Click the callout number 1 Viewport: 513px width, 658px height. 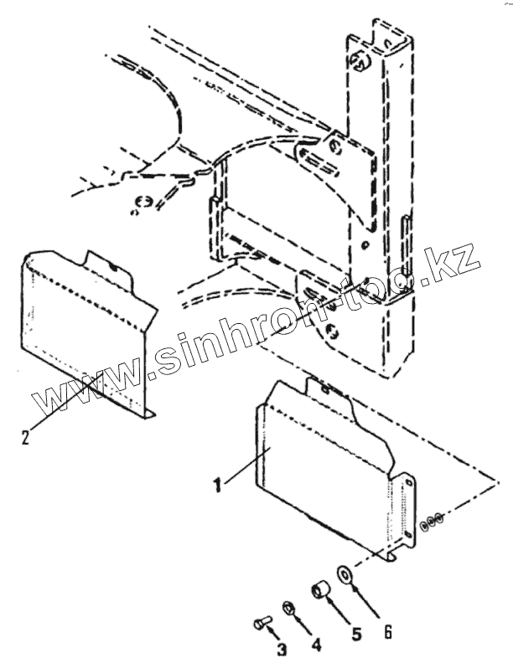[x=218, y=485]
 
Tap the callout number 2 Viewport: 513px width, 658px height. [x=24, y=438]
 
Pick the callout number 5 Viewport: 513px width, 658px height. [x=357, y=635]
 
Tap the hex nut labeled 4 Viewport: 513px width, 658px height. [x=287, y=605]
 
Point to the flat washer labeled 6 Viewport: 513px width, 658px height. [x=345, y=573]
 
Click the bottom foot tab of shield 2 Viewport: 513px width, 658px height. [x=148, y=413]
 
